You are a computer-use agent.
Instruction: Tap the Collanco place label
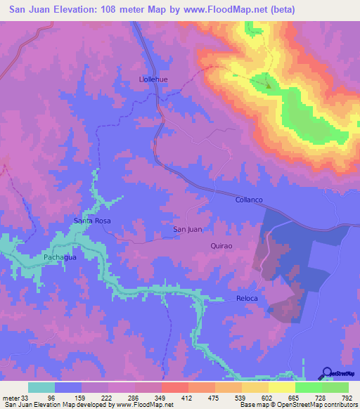[248, 200]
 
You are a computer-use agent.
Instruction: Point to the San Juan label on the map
[188, 230]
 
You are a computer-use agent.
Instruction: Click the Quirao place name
[221, 245]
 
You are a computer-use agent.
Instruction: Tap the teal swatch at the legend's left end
[41, 387]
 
